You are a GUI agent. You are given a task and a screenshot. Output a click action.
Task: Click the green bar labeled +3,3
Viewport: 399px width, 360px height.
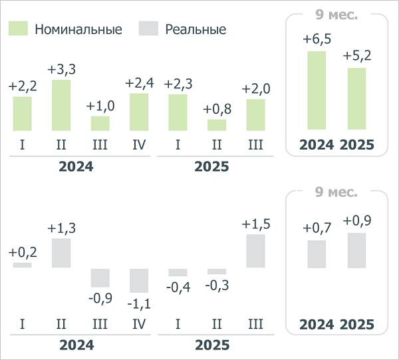click(x=61, y=105)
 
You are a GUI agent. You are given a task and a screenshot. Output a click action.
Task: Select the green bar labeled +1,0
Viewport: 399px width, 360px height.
click(x=100, y=123)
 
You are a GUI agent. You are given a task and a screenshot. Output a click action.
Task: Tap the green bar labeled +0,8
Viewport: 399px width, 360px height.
click(x=217, y=124)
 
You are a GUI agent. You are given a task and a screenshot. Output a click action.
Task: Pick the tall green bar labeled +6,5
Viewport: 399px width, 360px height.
click(x=317, y=90)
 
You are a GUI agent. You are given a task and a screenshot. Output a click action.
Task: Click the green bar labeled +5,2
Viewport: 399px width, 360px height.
click(x=356, y=98)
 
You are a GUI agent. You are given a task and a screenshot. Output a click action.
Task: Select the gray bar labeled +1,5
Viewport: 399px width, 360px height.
click(x=255, y=251)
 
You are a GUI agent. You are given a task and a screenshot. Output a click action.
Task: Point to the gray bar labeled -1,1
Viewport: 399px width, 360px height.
click(x=139, y=280)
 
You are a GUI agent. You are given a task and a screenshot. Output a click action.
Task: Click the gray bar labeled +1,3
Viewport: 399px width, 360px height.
click(x=61, y=253)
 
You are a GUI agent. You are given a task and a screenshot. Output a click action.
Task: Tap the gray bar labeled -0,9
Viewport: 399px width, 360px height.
click(x=100, y=277)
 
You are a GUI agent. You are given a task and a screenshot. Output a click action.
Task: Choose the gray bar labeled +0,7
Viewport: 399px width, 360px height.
click(x=317, y=254)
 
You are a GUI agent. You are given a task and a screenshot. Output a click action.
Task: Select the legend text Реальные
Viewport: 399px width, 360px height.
click(x=196, y=29)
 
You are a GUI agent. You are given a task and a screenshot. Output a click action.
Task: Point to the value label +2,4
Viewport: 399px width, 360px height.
click(x=139, y=83)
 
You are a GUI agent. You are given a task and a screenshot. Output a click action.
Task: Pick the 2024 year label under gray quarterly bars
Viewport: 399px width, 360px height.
click(x=76, y=345)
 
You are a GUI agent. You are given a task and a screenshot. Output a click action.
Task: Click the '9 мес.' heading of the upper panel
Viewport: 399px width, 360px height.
click(x=336, y=13)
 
